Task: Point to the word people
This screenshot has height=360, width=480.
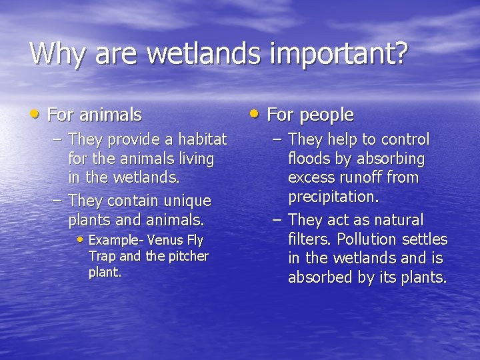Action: tap(326, 115)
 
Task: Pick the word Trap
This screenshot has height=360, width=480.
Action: tap(102, 256)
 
